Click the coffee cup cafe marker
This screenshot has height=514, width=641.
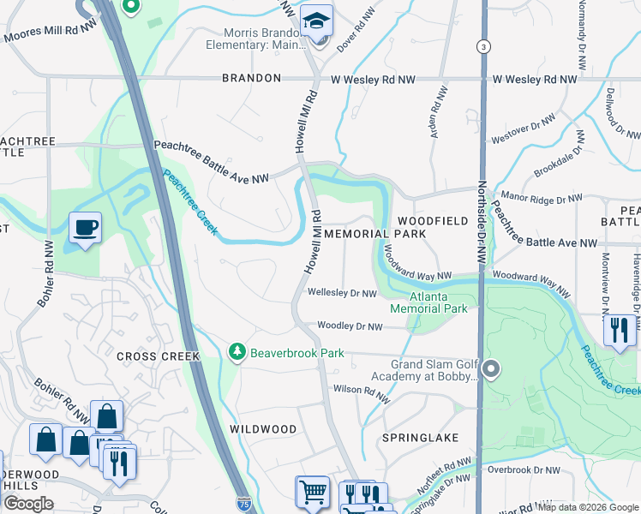(85, 229)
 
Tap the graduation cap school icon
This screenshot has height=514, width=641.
(316, 20)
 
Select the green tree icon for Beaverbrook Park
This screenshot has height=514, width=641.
(236, 352)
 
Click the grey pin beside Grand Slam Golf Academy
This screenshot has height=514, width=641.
(490, 370)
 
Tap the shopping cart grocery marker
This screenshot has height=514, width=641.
(312, 493)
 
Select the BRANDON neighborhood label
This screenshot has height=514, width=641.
(251, 78)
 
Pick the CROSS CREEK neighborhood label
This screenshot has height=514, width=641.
(158, 356)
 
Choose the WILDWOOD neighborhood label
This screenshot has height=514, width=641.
(263, 428)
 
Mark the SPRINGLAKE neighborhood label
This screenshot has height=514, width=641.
(421, 437)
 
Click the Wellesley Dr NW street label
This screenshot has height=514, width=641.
(343, 293)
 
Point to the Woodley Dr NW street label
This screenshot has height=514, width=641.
(350, 326)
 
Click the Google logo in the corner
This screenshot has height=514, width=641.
(28, 504)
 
